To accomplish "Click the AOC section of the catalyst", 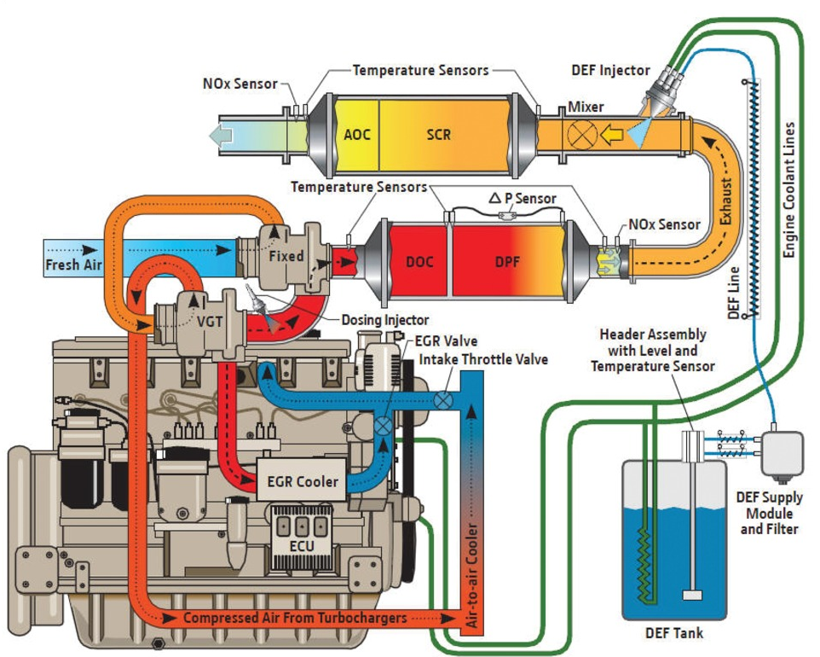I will tap(356, 135).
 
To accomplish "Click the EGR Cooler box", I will tap(303, 482).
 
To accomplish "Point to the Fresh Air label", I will tap(73, 265).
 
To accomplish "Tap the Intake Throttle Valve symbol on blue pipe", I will tap(443, 399).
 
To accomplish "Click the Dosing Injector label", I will tap(384, 320).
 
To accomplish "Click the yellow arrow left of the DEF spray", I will tap(611, 134).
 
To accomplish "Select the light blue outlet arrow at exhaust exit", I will tap(224, 134).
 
